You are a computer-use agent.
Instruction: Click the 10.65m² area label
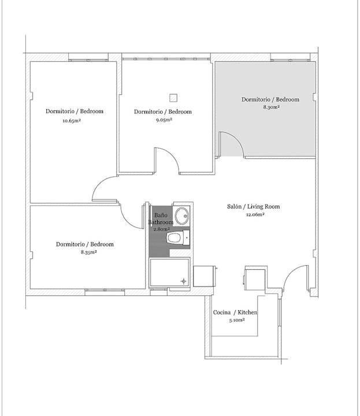tap(72, 121)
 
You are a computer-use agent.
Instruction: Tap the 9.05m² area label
tap(164, 120)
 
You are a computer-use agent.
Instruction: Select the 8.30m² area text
tap(272, 107)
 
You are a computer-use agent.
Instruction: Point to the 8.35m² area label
tap(89, 252)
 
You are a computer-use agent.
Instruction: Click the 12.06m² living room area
tap(255, 214)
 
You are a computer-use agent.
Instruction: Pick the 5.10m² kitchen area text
tap(237, 320)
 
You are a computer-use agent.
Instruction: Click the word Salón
tap(234, 206)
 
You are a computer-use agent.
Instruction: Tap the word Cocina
tap(222, 312)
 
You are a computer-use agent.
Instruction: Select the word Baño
tap(161, 215)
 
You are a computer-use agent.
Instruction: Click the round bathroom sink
tap(182, 216)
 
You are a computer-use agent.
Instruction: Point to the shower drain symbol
tap(184, 281)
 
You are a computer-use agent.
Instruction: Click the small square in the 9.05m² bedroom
tap(173, 98)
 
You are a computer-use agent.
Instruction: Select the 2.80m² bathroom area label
tap(162, 229)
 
